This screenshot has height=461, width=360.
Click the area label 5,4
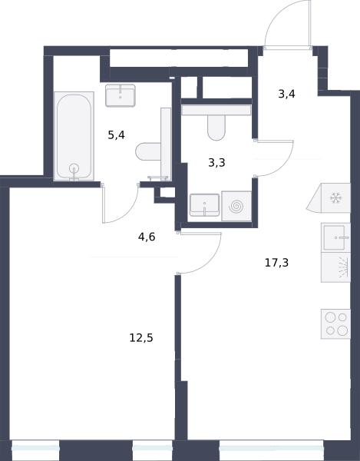click(116, 135)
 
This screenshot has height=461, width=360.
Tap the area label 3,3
click(216, 162)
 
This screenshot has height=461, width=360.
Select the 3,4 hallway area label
click(286, 95)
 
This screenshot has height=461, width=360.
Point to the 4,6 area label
click(147, 237)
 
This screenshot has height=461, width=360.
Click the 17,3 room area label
click(276, 263)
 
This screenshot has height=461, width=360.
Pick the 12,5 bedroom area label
click(141, 338)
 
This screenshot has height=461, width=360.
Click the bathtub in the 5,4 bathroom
click(74, 136)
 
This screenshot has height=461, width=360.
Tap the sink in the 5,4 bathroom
click(121, 95)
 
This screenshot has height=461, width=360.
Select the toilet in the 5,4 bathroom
click(148, 151)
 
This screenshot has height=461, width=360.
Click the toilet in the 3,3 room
click(216, 128)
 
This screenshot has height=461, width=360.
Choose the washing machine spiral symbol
click(236, 206)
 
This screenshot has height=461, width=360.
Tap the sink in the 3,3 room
click(204, 205)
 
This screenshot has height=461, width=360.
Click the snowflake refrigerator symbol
click(335, 198)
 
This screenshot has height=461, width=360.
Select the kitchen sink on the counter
click(335, 237)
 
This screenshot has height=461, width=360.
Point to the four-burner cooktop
click(335, 323)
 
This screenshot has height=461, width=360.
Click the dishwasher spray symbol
click(344, 267)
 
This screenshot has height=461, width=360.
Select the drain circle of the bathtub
click(74, 169)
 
